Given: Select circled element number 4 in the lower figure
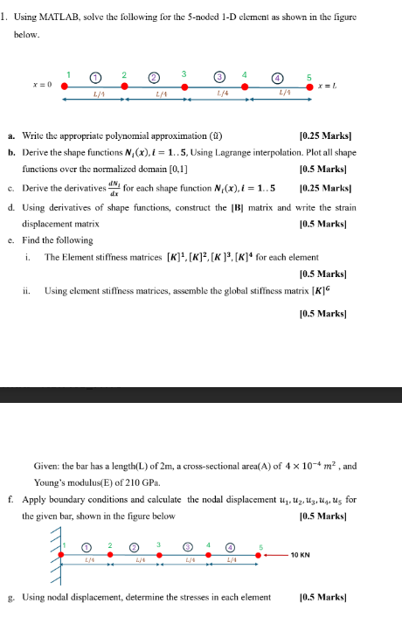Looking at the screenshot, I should click(231, 546).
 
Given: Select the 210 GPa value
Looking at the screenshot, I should click(155, 482).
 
